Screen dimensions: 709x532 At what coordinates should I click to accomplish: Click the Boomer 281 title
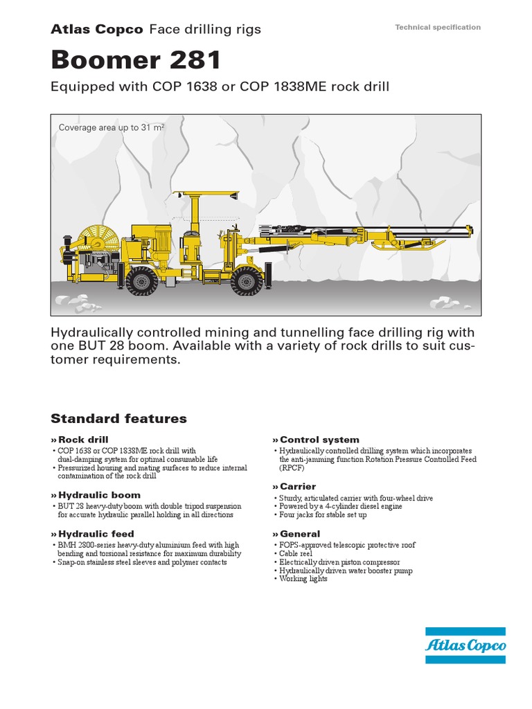136,60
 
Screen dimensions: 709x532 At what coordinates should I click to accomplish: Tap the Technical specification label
437,28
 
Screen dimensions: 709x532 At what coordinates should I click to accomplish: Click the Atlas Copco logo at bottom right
465,646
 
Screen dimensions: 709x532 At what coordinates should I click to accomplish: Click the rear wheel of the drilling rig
141,281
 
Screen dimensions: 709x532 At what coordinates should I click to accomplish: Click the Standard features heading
118,419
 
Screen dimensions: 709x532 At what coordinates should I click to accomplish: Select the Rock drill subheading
82,440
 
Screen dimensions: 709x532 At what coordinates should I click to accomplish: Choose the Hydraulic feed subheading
96,534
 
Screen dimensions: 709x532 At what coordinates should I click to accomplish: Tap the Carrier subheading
297,487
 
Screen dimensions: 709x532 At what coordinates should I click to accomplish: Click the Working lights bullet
303,579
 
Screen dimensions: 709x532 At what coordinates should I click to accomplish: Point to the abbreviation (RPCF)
292,468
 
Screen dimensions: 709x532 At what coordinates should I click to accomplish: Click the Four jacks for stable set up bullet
323,515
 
